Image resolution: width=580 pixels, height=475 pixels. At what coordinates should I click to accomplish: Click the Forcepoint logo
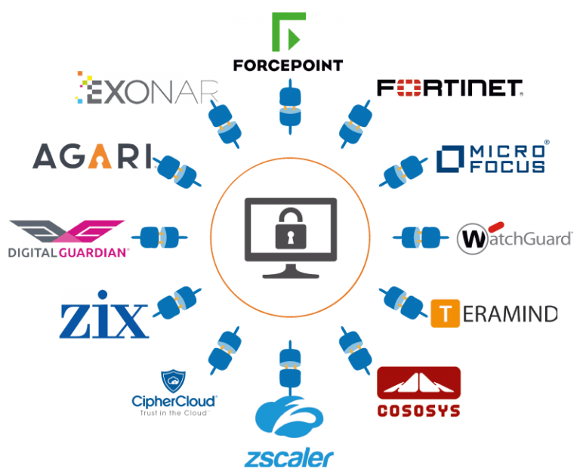[288, 42]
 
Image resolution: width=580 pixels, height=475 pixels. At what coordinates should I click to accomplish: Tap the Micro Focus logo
[492, 156]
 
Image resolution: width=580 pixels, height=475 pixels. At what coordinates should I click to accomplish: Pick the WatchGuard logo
[514, 239]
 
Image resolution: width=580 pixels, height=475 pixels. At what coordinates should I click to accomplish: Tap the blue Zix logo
[104, 313]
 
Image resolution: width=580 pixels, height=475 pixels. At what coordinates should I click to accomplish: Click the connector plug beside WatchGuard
[417, 237]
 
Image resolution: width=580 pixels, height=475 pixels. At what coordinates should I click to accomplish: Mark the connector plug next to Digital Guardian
[162, 237]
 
